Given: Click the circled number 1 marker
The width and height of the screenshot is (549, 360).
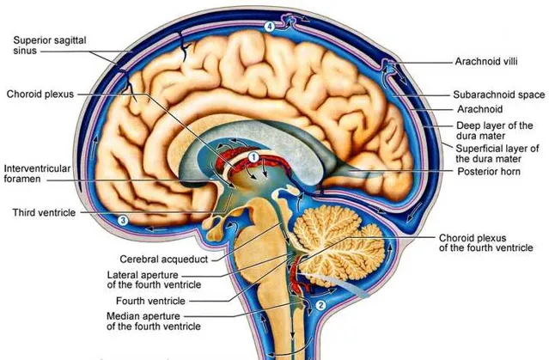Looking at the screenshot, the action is coord(253,157).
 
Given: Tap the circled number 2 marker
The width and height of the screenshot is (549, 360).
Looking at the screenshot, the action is coord(320,305).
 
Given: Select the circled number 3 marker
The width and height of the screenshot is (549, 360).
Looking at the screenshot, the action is coord(123,220).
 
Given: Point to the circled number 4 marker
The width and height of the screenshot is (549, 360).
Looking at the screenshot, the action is coord(269,27).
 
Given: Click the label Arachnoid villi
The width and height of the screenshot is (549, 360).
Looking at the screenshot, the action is coord(486,62).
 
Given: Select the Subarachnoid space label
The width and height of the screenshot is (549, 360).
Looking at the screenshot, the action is coord(499,95).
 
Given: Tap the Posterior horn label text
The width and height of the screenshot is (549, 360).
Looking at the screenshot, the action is coord(489,171).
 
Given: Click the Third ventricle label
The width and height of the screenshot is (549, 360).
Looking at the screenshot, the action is coord(44,212).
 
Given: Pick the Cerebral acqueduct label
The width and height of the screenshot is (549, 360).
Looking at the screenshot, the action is coord(164,259).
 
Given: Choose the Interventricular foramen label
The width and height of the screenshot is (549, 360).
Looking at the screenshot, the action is coord(37,174).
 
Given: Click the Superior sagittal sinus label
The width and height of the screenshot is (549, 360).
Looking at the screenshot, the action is coord(50,46).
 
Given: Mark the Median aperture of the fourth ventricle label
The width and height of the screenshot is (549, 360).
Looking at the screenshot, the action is coord(154,321).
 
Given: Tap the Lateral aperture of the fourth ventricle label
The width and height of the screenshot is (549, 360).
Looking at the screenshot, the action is coord(154,279).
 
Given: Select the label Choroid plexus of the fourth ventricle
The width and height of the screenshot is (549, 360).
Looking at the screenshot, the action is coord(486,243).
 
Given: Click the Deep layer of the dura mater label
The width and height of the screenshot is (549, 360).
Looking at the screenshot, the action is coord(494,131).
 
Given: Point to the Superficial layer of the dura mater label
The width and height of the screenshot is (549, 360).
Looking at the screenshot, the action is coord(497,154).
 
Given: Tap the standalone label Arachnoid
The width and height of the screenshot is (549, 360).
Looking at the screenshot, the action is coord(479,109).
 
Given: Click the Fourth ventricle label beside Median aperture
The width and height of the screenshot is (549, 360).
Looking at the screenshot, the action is coord(150,301).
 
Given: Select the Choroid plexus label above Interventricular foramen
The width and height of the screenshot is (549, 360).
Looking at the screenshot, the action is coord(40,94).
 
